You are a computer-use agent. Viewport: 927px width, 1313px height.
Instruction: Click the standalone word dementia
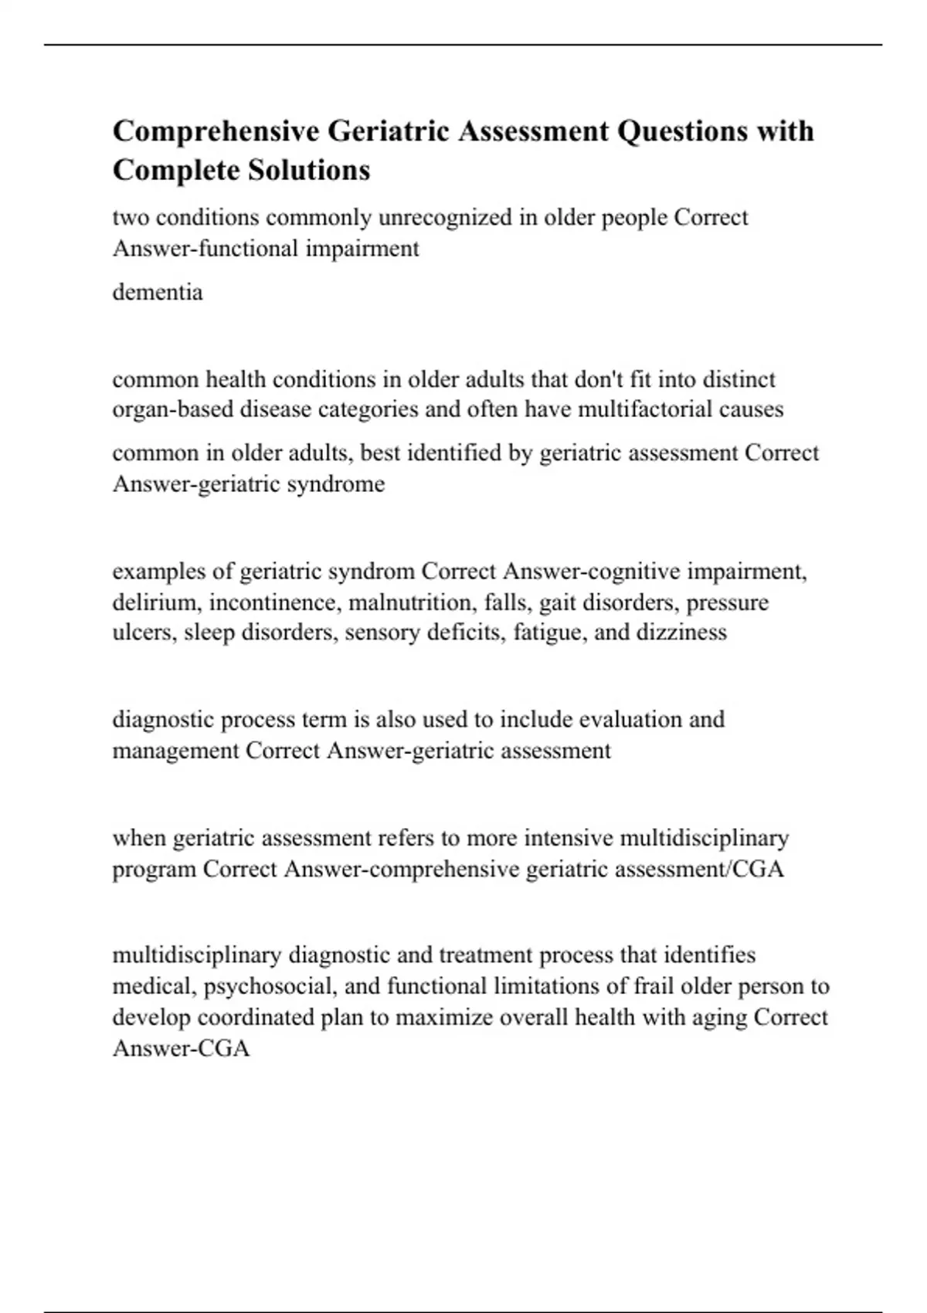point(158,292)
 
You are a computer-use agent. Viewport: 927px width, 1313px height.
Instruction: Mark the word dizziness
point(681,633)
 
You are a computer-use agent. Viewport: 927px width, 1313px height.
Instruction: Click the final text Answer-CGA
point(181,1048)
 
